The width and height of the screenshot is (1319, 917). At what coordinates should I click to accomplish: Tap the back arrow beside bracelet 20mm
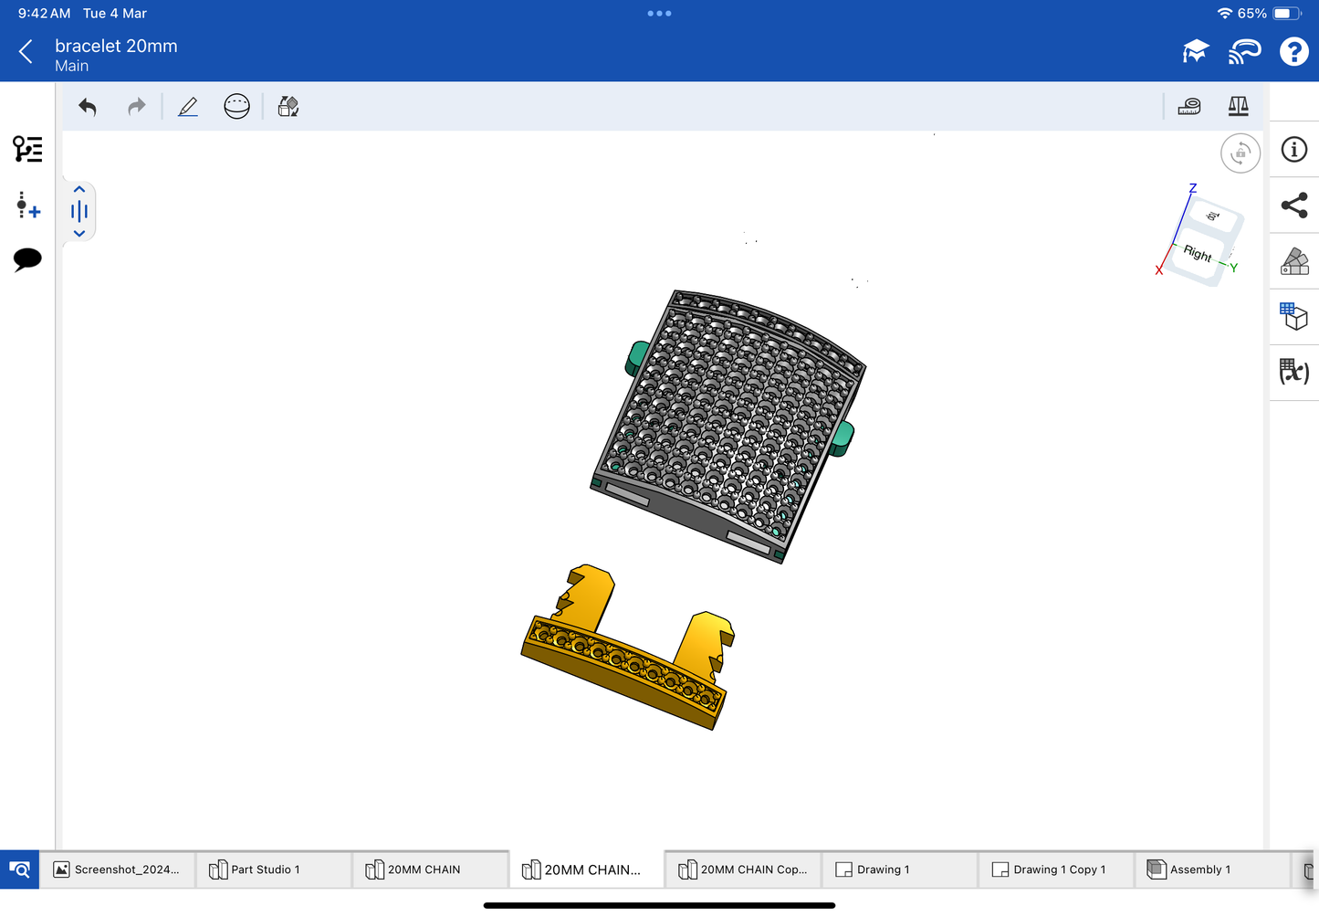(26, 52)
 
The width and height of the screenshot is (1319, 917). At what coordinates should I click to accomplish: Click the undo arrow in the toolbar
(88, 107)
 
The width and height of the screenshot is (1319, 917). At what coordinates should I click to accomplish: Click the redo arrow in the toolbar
(137, 107)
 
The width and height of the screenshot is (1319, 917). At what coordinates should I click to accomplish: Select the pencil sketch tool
(188, 107)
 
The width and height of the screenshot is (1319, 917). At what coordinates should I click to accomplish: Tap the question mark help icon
(1293, 52)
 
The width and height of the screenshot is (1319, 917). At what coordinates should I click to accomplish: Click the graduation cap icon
(1196, 52)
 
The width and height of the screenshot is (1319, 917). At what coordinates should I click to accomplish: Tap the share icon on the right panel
(1294, 206)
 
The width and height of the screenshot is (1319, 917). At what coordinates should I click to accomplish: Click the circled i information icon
(1293, 150)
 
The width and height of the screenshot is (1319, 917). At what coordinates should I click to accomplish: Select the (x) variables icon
(1293, 372)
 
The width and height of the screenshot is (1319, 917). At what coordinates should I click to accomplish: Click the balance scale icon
(1239, 106)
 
